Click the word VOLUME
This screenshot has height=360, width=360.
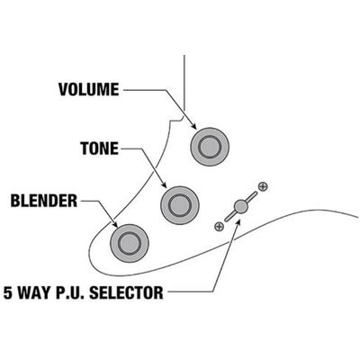click(89, 89)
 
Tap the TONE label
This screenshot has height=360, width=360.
click(100, 148)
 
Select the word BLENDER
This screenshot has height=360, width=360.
click(44, 201)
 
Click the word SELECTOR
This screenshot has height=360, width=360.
click(126, 292)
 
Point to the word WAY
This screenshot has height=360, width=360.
click(35, 292)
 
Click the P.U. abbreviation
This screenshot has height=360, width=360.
click(71, 292)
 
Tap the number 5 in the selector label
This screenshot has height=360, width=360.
click(8, 292)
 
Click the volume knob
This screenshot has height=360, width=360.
click(210, 147)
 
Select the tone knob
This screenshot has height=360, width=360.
click(180, 205)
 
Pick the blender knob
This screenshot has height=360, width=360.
click(130, 243)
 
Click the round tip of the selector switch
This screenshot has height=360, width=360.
click(240, 206)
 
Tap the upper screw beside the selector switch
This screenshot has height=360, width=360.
click(263, 186)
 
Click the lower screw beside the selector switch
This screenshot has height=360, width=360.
click(220, 226)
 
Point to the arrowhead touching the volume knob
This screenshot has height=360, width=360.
click(193, 126)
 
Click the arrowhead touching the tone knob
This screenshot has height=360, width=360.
click(164, 185)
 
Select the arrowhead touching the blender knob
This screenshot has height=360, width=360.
click(114, 224)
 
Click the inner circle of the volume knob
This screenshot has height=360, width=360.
click(210, 147)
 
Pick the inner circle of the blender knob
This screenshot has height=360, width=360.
click(130, 243)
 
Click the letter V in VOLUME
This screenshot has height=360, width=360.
click(64, 89)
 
